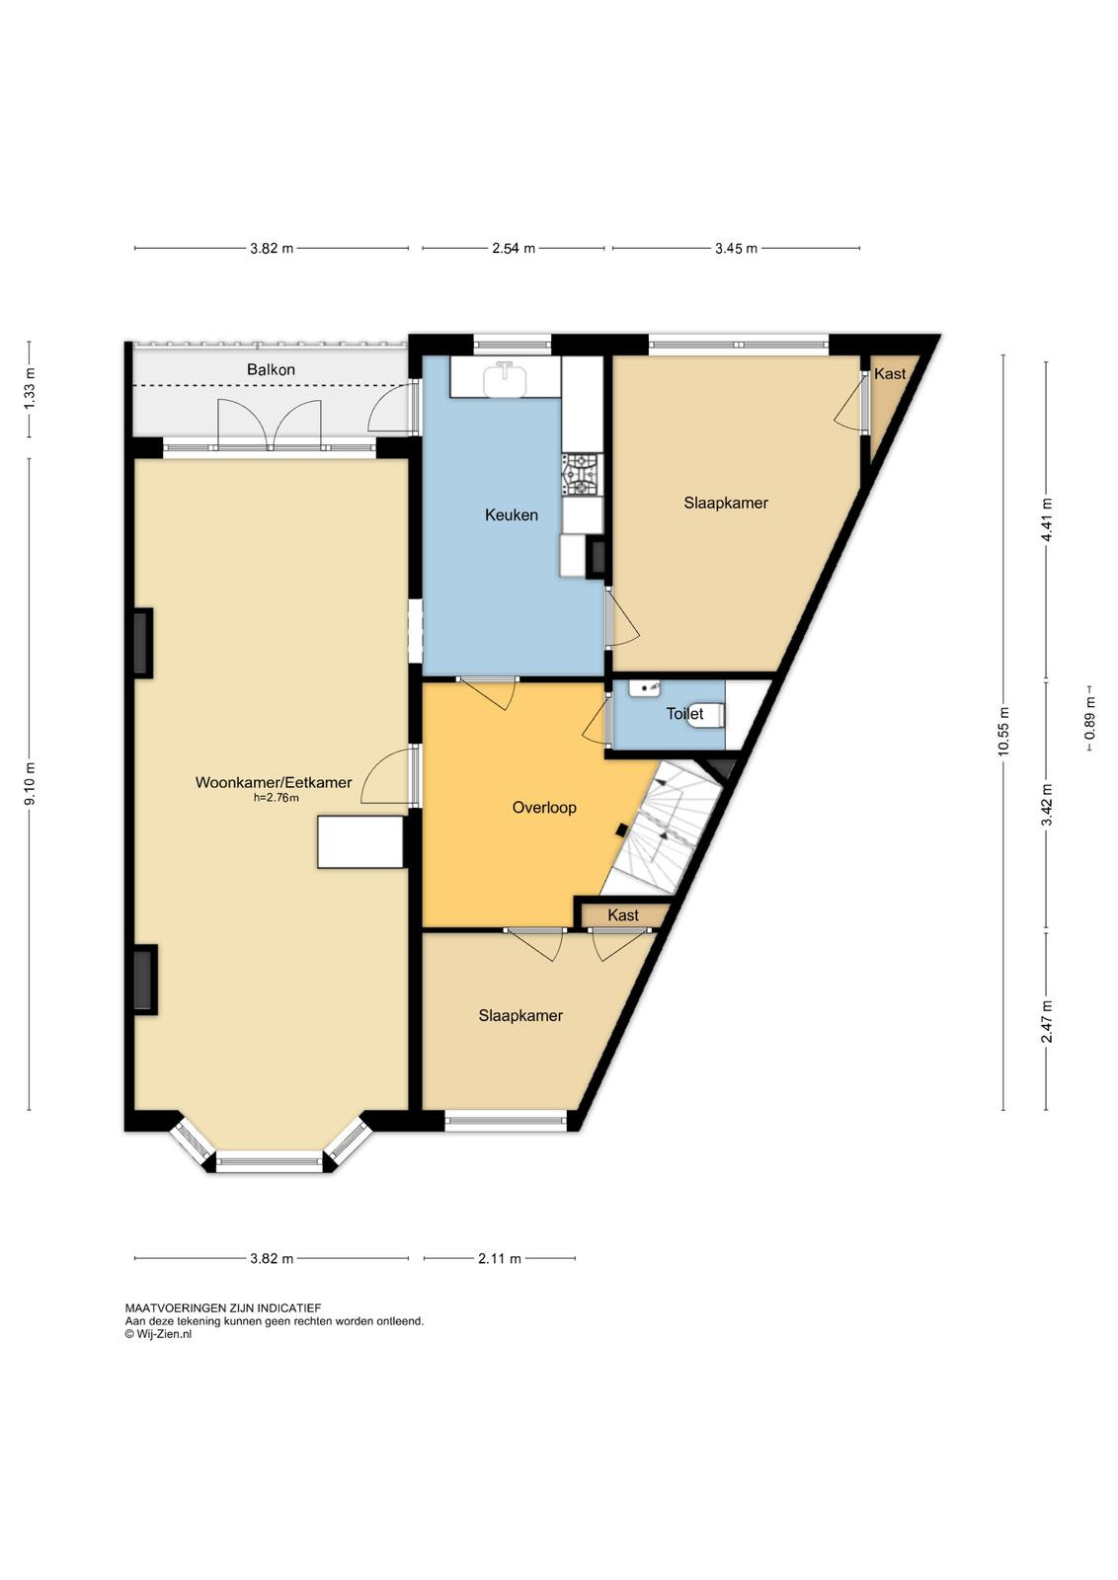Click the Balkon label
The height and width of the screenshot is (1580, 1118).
click(271, 369)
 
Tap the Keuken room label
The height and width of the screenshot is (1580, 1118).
click(512, 514)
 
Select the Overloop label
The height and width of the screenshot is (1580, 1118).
click(544, 808)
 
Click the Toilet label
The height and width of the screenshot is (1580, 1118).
click(684, 714)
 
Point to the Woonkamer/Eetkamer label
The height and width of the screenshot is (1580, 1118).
click(274, 782)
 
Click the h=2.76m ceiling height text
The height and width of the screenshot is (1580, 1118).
click(277, 798)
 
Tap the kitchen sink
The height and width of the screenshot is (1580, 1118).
click(506, 378)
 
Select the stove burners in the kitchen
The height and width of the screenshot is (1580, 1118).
click(583, 474)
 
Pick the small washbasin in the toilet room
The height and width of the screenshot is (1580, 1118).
click(644, 687)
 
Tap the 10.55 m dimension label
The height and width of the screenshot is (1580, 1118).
click(1003, 732)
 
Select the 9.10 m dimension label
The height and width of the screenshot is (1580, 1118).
click(29, 784)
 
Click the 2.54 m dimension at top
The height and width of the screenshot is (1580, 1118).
click(514, 248)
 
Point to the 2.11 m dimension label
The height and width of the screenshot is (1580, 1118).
click(500, 1258)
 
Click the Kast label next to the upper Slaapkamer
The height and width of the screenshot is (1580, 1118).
click(890, 374)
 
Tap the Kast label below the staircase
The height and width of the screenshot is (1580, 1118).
click(623, 915)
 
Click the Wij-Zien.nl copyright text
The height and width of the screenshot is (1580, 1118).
click(158, 1334)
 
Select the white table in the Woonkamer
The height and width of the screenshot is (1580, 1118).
click(360, 841)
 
